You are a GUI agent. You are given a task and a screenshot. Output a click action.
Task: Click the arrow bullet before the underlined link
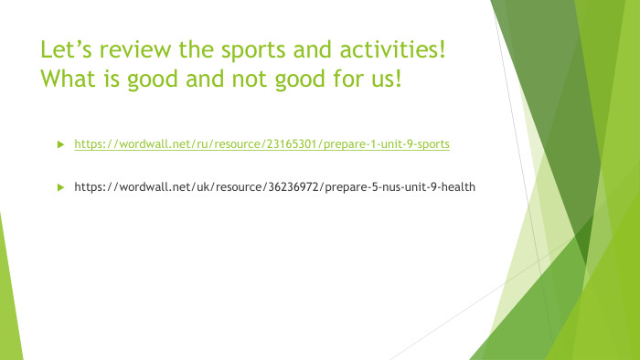click(60, 144)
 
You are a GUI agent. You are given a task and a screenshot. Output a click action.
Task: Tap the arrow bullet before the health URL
click(60, 186)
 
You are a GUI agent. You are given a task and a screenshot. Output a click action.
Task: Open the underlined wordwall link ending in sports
click(261, 144)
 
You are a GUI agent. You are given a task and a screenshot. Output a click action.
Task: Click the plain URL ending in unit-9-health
click(274, 186)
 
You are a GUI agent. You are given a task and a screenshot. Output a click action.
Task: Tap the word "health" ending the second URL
click(458, 186)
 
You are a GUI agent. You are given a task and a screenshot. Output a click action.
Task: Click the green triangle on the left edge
click(8, 292)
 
